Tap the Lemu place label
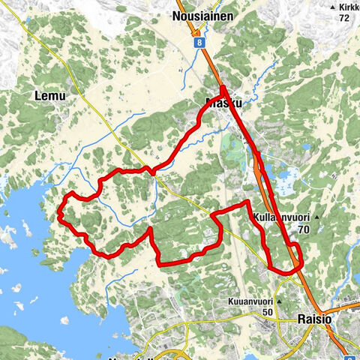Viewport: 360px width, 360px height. pyautogui.click(x=49, y=95)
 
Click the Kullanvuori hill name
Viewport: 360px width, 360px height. pyautogui.click(x=280, y=216)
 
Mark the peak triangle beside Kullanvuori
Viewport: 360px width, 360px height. pyautogui.click(x=316, y=217)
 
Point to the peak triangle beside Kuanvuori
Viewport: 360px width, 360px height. pyautogui.click(x=279, y=302)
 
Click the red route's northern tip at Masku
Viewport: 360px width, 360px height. pyautogui.click(x=223, y=88)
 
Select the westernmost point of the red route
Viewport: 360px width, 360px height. pyautogui.click(x=58, y=216)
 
